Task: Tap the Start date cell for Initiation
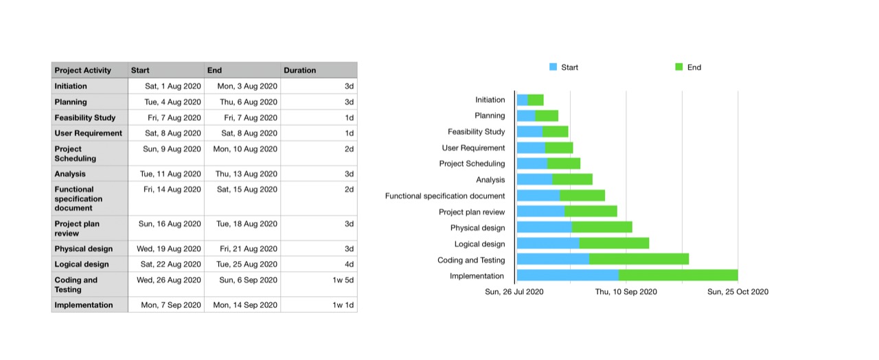point(166,87)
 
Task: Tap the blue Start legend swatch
point(553,67)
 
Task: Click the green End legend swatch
point(679,67)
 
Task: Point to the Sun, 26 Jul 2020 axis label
point(514,292)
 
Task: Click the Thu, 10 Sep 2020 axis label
point(626,292)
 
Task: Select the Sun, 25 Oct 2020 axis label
point(738,292)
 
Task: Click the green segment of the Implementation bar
point(678,275)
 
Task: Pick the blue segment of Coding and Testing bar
point(553,260)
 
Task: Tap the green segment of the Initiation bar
point(536,100)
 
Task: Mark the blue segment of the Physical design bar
point(544,227)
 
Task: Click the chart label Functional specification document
point(445,196)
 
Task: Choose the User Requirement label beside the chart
point(473,148)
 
